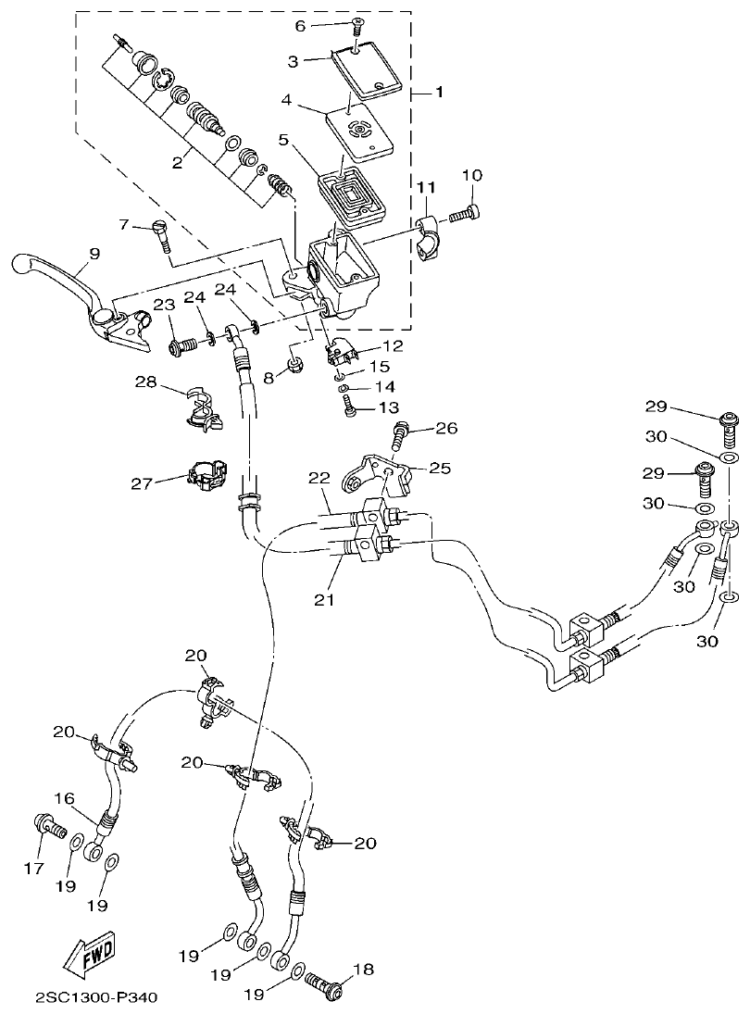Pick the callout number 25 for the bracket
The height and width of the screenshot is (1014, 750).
[x=440, y=469]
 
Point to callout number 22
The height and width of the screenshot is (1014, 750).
[x=319, y=478]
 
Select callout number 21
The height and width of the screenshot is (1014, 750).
[x=322, y=600]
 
